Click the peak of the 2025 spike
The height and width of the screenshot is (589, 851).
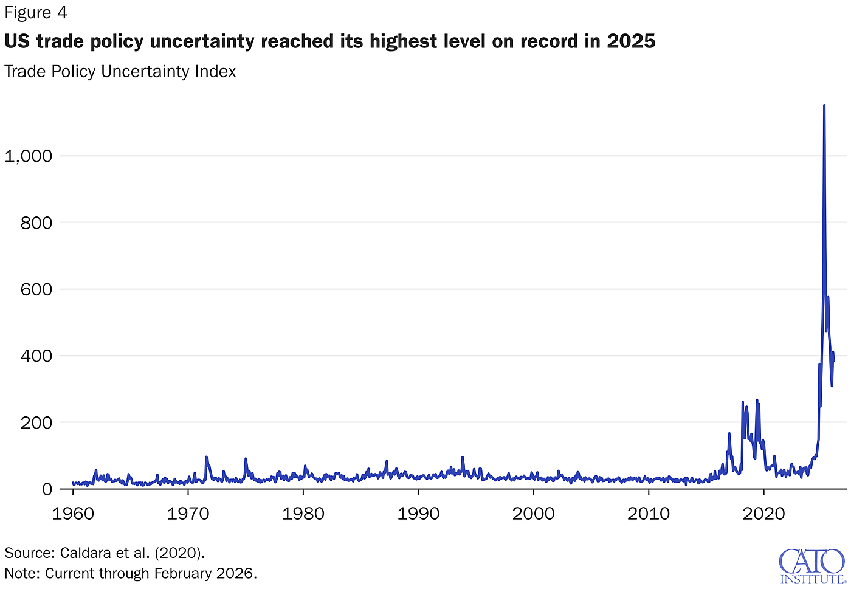tap(824, 105)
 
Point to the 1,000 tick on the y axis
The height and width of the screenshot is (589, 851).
tap(29, 156)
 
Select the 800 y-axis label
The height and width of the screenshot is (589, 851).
tap(36, 223)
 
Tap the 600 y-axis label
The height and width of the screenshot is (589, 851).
tap(36, 289)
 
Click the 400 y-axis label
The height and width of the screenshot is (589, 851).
tap(36, 356)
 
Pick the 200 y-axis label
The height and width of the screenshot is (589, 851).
tap(36, 422)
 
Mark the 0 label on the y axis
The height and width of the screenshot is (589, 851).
tap(47, 489)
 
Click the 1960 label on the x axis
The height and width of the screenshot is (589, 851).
tap(73, 514)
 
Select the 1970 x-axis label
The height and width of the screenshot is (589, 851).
tap(188, 514)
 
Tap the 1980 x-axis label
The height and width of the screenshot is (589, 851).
tap(303, 514)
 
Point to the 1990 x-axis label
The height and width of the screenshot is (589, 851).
tap(418, 514)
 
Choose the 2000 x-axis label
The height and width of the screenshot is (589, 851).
tap(534, 514)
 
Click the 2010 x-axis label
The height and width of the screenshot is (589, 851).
tap(649, 514)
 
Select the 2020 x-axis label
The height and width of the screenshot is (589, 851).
tap(764, 514)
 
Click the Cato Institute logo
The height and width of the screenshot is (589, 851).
tap(811, 565)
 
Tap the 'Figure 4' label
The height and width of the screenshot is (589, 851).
tap(36, 13)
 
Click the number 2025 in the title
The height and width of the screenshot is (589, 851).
tap(631, 41)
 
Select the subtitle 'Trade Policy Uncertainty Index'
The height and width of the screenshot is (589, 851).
tap(120, 72)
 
